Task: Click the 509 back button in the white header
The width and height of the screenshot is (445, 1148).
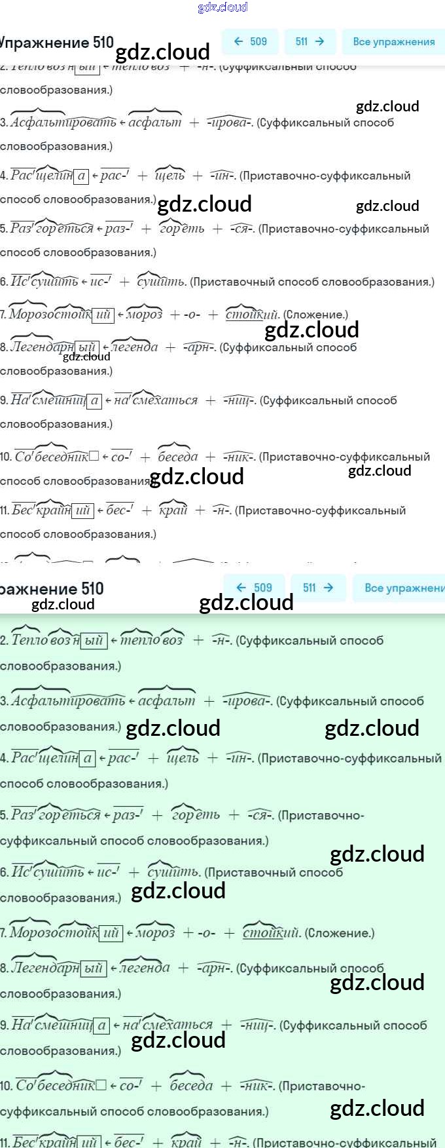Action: coord(250,41)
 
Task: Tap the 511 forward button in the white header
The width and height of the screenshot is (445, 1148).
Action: coord(310,41)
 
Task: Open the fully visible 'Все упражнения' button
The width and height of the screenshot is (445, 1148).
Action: coord(393,41)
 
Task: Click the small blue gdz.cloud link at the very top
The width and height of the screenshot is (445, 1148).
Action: coord(222,7)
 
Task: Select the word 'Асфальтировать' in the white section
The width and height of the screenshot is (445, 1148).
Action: coord(63,122)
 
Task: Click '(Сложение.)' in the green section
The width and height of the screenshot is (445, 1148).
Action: coord(340,932)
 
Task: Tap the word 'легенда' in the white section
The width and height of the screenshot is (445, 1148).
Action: coord(135,347)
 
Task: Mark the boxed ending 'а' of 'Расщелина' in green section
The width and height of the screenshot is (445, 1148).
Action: coord(87,758)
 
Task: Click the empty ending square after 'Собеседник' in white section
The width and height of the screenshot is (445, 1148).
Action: coord(94,456)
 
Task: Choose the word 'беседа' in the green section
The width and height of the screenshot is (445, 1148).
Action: coord(191,1085)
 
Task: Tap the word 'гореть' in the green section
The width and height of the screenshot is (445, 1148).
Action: coord(196,814)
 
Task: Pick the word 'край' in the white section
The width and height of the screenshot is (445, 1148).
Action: coord(173,510)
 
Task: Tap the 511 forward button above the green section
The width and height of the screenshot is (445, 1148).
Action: coord(318,588)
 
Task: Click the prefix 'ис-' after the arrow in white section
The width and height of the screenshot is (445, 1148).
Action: coord(100,282)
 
